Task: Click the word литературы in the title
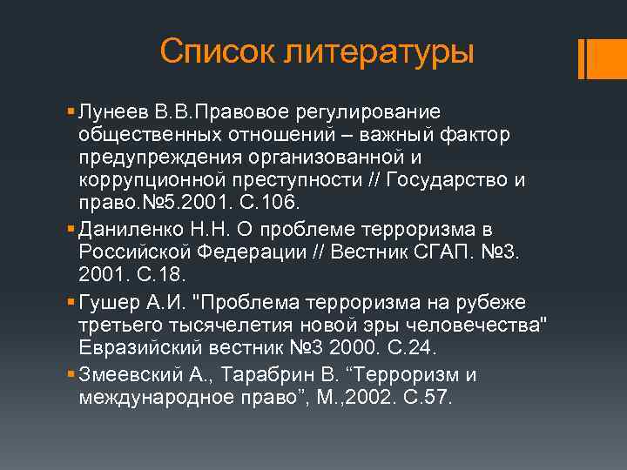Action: tap(379, 51)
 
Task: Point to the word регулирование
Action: tap(370, 112)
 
